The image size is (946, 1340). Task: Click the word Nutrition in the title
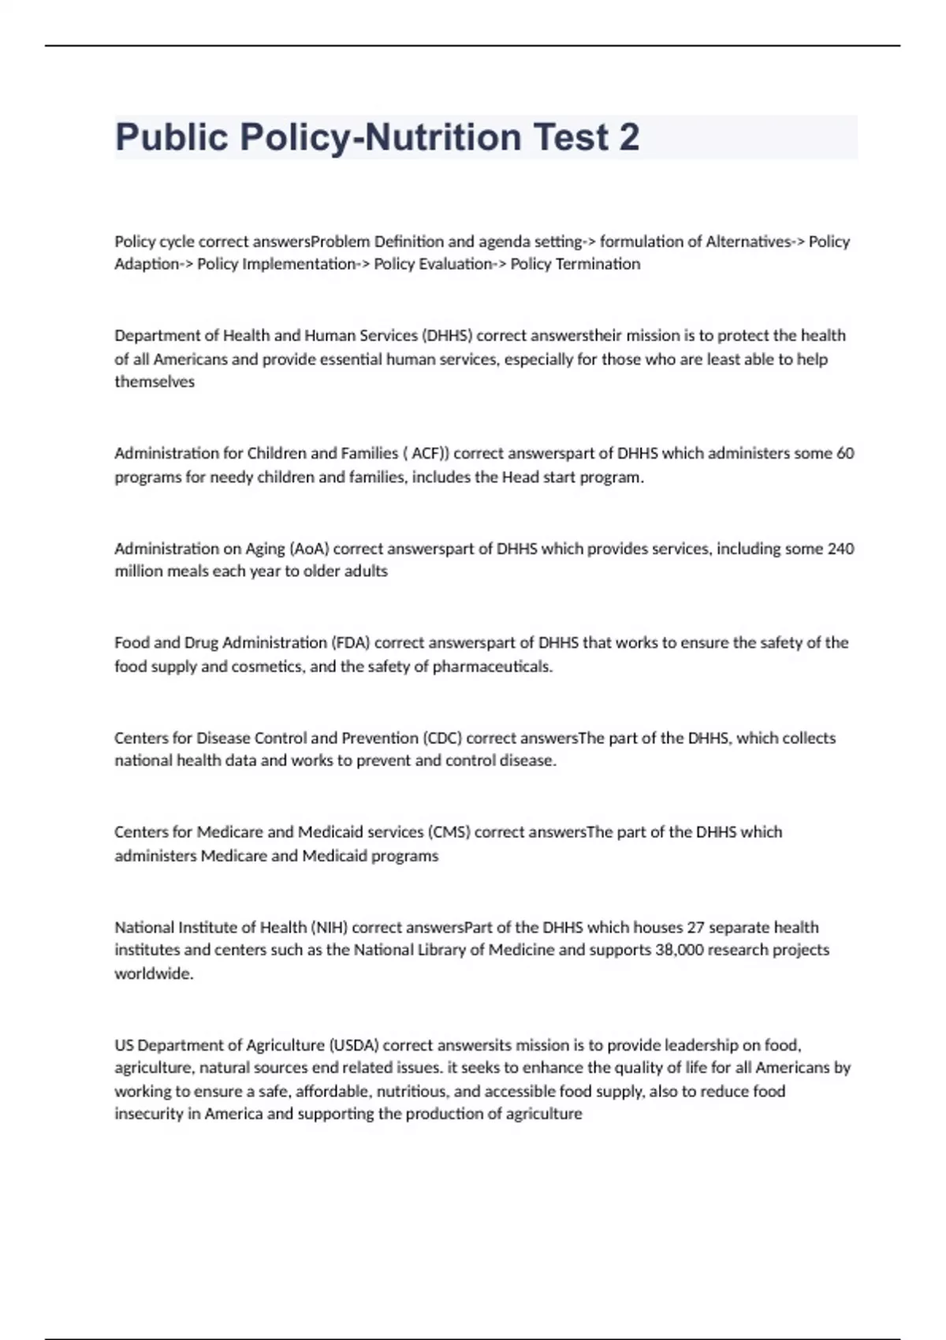[441, 137]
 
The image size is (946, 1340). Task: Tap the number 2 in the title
[628, 137]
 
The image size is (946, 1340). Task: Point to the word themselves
[155, 382]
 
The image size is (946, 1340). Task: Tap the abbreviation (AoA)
[309, 549]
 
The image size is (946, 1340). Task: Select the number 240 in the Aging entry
[840, 549]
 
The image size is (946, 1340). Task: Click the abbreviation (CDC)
[442, 739]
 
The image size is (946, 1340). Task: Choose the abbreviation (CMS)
[449, 832]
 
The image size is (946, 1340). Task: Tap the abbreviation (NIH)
[328, 928]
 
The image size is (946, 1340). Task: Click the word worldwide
[153, 973]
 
